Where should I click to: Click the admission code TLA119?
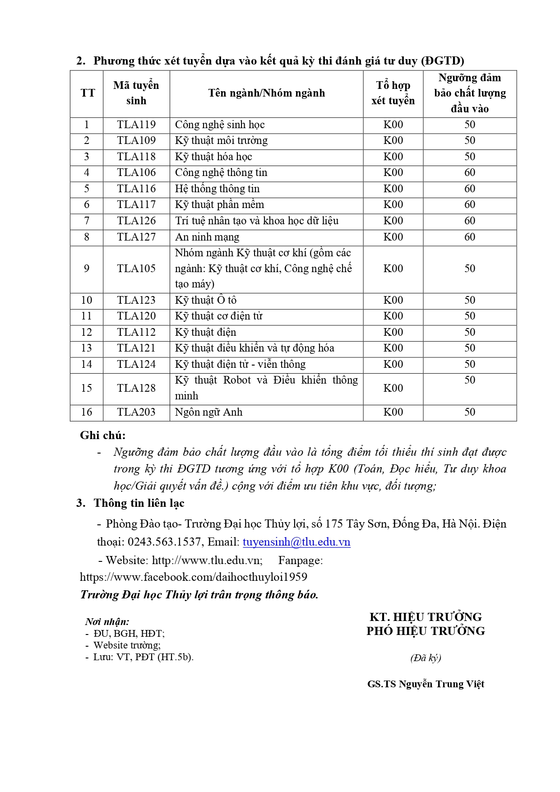136,125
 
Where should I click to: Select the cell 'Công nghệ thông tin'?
221,173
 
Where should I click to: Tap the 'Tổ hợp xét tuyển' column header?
393,93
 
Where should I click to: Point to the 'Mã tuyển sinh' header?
136,93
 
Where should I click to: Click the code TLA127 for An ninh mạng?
136,237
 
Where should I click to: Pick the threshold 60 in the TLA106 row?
470,173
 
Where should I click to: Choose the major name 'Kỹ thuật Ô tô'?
206,301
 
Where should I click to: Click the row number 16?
87,412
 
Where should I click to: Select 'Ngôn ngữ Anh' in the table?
208,412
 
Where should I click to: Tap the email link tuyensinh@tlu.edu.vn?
296,542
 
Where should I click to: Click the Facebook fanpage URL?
194,577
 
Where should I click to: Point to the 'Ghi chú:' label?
103,435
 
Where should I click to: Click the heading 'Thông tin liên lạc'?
139,503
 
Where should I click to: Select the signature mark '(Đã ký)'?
426,658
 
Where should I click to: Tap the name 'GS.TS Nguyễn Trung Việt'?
426,684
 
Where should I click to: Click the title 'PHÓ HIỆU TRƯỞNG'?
426,631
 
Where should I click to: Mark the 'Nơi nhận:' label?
107,622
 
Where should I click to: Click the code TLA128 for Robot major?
136,389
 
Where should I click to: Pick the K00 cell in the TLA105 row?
393,269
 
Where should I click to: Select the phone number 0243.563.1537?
164,542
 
